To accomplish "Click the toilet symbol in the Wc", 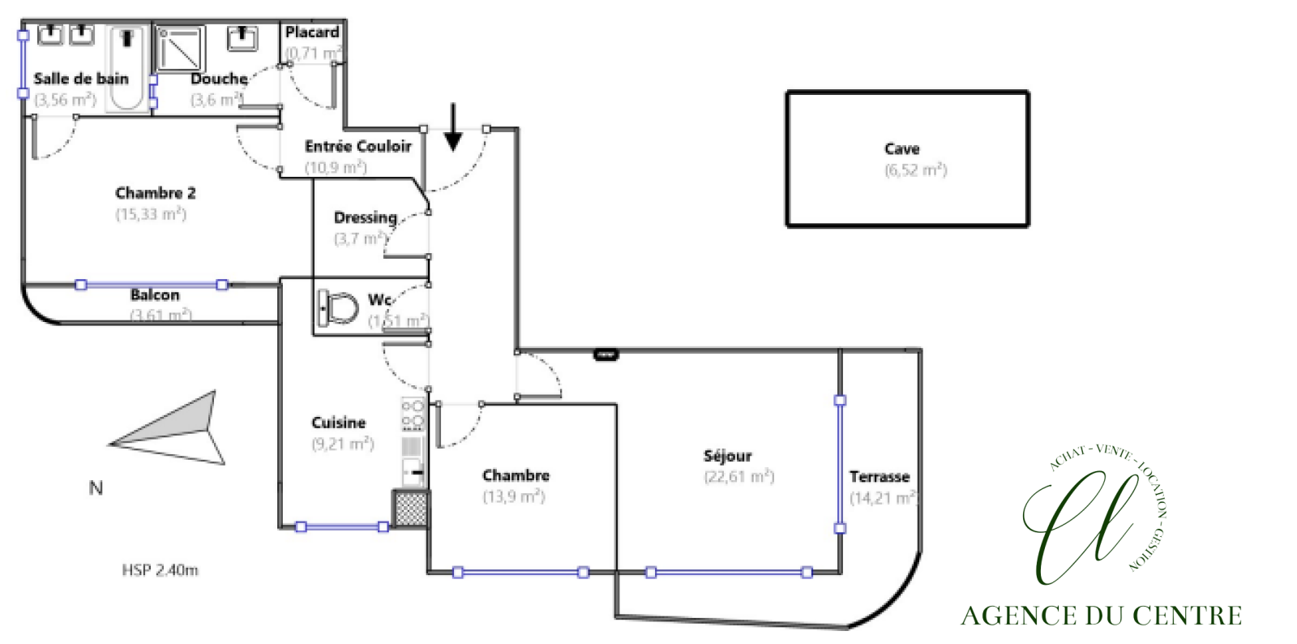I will (340, 308).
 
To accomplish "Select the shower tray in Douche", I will (181, 49).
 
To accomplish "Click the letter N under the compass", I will (96, 488).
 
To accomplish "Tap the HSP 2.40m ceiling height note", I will (160, 570).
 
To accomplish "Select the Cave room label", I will (901, 148).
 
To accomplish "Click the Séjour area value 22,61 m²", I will (738, 477).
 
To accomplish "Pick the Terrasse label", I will (879, 477).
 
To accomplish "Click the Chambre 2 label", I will (156, 193).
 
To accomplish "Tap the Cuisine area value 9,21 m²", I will (343, 444).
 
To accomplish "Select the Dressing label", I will (366, 217).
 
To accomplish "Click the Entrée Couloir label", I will (358, 146).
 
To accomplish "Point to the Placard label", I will (312, 32).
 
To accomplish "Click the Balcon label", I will (155, 295).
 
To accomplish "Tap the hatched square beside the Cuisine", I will (411, 508).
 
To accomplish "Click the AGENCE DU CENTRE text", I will (1101, 616).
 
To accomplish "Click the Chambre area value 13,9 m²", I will (514, 496).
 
